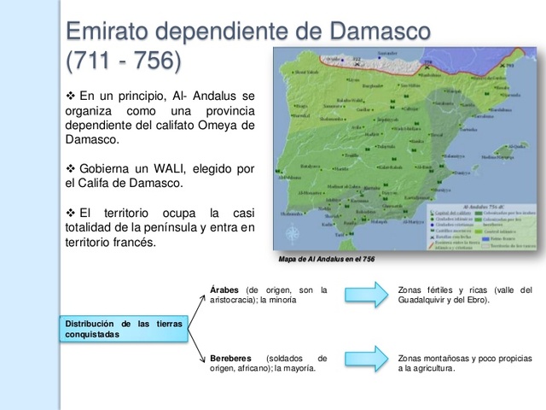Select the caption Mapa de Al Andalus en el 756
click(325, 259)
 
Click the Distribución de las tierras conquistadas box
click(125, 329)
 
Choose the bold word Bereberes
click(230, 358)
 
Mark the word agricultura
click(431, 368)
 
